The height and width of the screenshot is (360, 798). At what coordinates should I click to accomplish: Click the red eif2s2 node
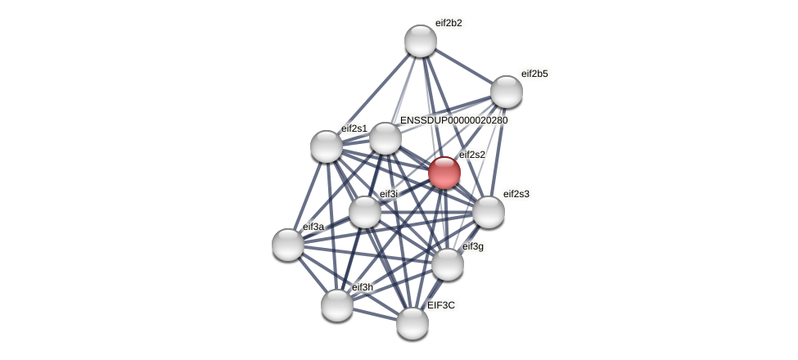[x=444, y=173]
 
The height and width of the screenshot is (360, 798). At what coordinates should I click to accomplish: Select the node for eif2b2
[x=421, y=41]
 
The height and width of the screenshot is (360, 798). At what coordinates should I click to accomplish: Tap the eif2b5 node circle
[x=507, y=92]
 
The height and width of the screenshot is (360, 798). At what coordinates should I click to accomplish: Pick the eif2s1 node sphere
[x=327, y=146]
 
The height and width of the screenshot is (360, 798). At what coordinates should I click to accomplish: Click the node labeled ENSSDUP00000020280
[x=385, y=138]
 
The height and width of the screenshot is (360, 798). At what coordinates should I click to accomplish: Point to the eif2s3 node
[x=489, y=212]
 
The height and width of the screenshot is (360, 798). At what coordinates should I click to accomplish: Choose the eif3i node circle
[x=365, y=212]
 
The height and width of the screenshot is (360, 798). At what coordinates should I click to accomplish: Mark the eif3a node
[x=288, y=244]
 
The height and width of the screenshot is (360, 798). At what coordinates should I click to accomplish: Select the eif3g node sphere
[x=448, y=263]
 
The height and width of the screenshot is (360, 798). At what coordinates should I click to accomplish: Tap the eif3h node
[x=337, y=305]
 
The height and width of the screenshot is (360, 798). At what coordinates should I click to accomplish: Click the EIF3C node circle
[x=413, y=322]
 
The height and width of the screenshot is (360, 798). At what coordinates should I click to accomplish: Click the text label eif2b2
[x=449, y=23]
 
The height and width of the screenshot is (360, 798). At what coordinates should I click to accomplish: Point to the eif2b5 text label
[x=534, y=74]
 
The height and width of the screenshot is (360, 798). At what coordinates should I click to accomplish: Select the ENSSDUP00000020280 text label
[x=453, y=120]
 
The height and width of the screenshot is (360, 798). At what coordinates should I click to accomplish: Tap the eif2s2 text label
[x=472, y=155]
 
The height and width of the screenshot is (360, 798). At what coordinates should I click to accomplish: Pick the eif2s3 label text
[x=516, y=194]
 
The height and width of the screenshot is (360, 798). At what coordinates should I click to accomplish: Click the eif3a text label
[x=313, y=227]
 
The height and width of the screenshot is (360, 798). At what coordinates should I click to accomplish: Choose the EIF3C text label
[x=440, y=305]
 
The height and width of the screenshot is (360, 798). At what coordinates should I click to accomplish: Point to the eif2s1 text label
[x=354, y=128]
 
